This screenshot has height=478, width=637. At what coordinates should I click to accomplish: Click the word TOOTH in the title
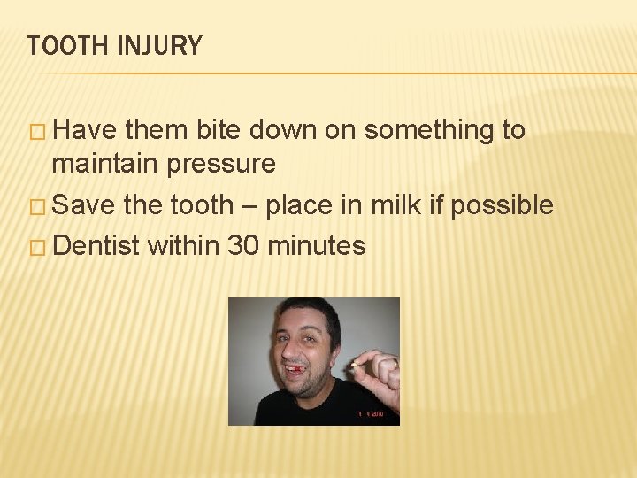point(64,46)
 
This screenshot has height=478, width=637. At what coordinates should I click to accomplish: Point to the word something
point(429,130)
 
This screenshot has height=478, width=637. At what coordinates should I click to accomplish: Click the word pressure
point(226,165)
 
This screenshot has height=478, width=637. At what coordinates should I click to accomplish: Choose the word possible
point(502,205)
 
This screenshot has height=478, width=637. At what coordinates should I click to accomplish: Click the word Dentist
point(96,245)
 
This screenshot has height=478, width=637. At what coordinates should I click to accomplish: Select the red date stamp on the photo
point(372,414)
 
